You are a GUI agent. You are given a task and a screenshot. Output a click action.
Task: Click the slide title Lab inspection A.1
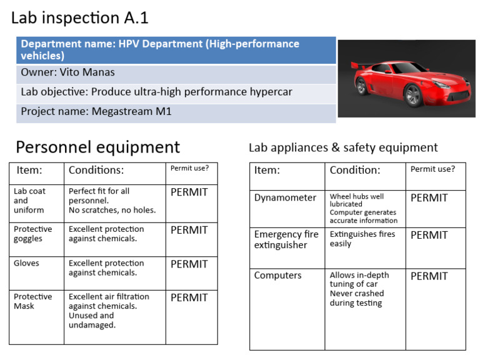pos(79,18)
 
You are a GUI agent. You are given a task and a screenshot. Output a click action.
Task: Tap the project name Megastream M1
pos(131,112)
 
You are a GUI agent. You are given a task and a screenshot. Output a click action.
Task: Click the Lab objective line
pos(156,92)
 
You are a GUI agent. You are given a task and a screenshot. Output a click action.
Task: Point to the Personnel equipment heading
pos(97,147)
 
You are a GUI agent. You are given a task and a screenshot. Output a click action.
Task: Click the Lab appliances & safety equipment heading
pos(343,147)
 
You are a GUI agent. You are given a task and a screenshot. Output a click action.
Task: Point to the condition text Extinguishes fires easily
pos(362,239)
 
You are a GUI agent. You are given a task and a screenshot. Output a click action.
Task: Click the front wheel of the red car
pos(413,94)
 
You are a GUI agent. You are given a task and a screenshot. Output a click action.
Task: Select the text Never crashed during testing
pos(357,298)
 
